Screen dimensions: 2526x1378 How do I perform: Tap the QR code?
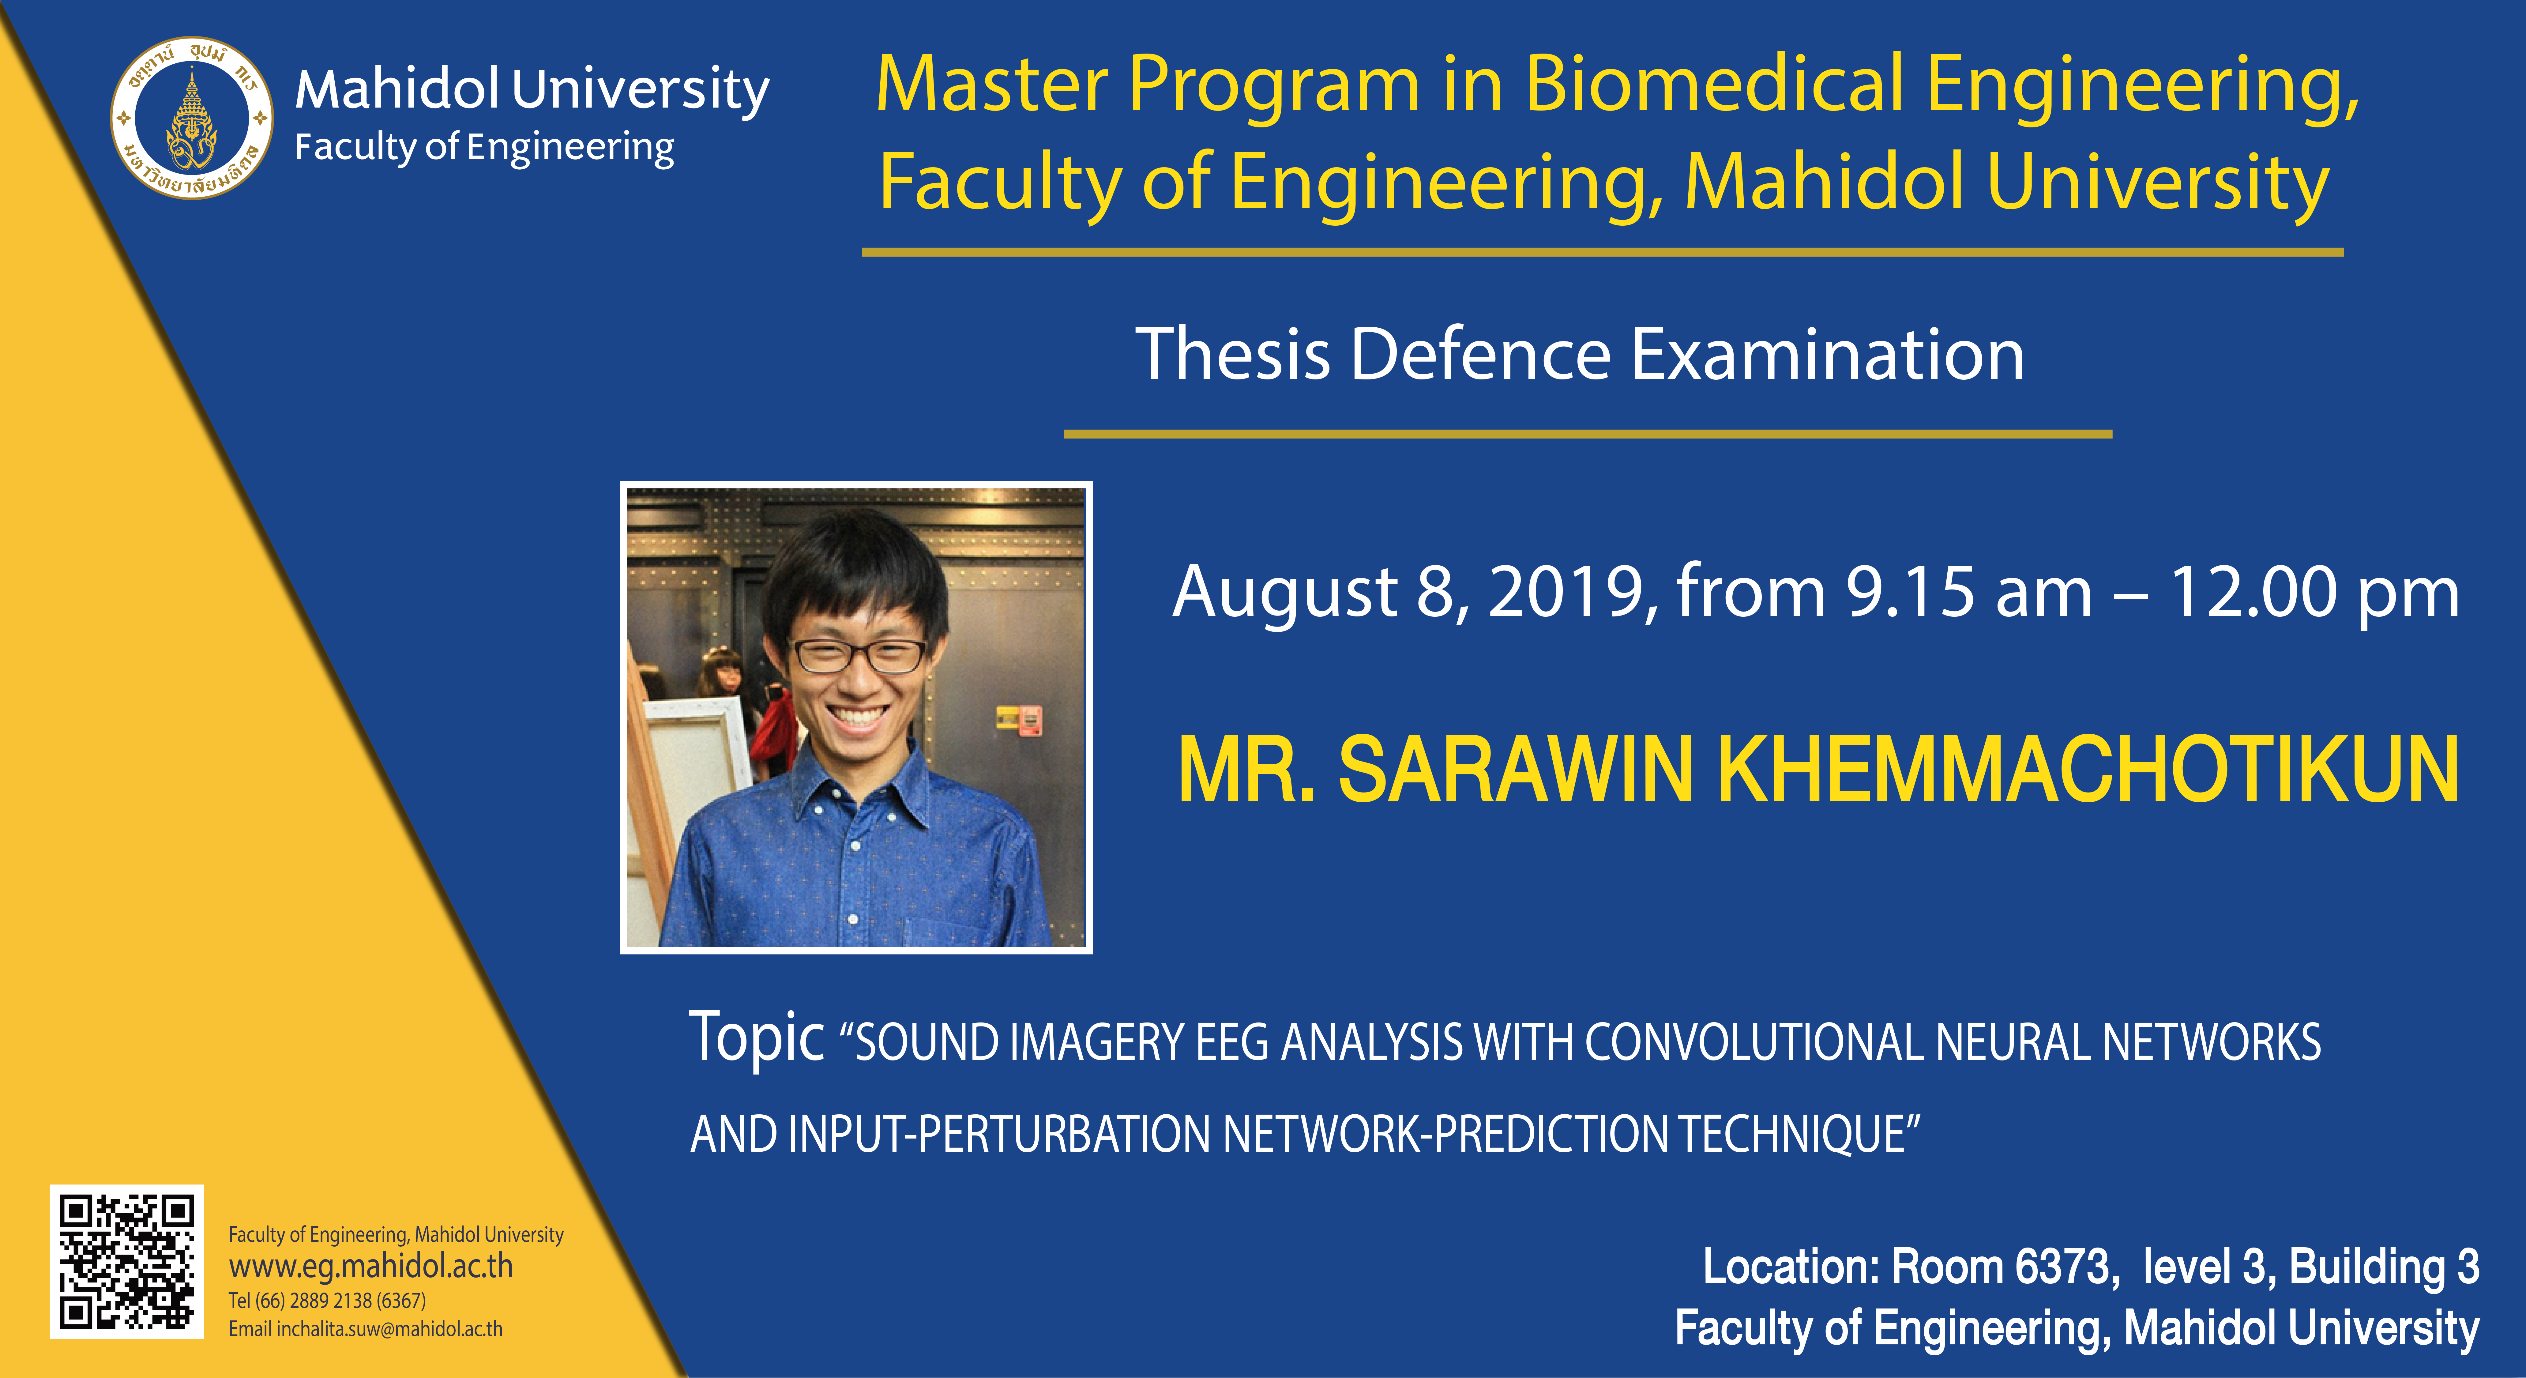click(x=126, y=1261)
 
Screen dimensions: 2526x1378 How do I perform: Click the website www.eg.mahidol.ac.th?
click(x=371, y=1266)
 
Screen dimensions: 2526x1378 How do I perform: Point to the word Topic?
click(x=756, y=1038)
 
